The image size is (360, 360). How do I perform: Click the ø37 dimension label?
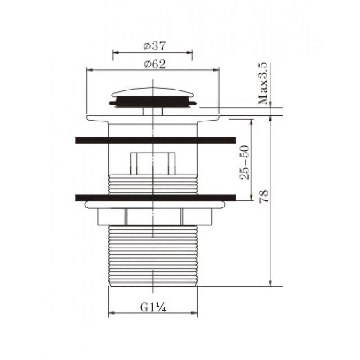[x=153, y=46]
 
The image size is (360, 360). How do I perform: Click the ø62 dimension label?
[x=153, y=64]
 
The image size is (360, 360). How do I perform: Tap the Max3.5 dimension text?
[x=264, y=84]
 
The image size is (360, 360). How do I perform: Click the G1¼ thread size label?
[x=153, y=307]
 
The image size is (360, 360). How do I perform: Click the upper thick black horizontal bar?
[x=155, y=140]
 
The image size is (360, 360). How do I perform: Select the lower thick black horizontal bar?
[x=155, y=197]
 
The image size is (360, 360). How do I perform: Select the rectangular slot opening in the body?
[x=153, y=163]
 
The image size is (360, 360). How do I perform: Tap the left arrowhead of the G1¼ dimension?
[x=112, y=313]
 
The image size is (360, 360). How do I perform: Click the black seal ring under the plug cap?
[x=153, y=103]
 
